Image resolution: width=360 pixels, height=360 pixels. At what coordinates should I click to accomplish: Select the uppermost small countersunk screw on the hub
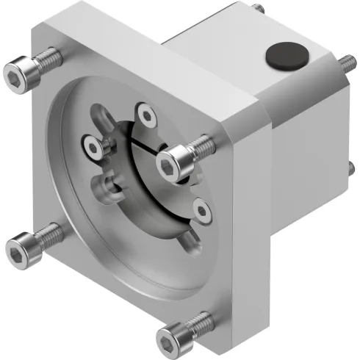pos(145,113)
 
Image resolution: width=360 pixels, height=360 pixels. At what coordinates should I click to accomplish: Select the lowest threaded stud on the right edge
pos(350,173)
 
